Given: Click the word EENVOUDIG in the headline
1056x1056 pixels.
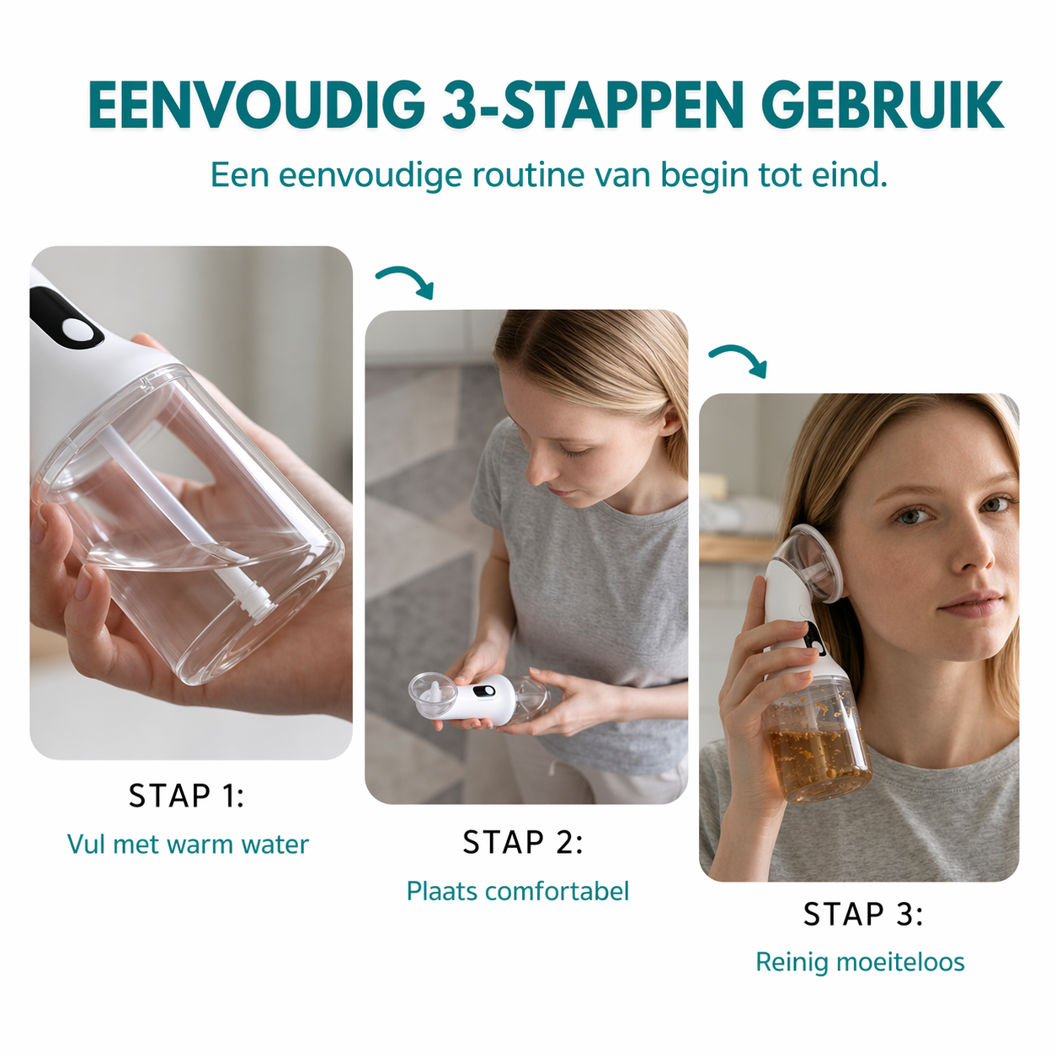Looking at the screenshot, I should pyautogui.click(x=256, y=106).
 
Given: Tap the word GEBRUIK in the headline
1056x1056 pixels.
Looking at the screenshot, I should pyautogui.click(x=882, y=106).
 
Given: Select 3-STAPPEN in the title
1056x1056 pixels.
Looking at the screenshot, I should pyautogui.click(x=593, y=106).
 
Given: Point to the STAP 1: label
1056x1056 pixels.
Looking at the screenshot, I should pyautogui.click(x=186, y=796).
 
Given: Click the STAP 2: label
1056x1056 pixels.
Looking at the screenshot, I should pyautogui.click(x=522, y=842).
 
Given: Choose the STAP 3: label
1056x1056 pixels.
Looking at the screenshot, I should pyautogui.click(x=862, y=915).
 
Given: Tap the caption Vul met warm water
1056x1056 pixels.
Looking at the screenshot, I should pyautogui.click(x=188, y=844).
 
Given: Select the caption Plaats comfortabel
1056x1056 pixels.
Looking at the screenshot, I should pyautogui.click(x=517, y=891).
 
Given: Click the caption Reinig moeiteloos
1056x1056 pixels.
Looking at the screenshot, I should pyautogui.click(x=860, y=962).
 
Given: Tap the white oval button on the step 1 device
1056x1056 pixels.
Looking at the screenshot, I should pyautogui.click(x=78, y=330).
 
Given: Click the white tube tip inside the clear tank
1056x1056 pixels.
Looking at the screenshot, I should pyautogui.click(x=255, y=600).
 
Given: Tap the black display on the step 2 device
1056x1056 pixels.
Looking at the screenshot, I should pyautogui.click(x=483, y=692).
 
